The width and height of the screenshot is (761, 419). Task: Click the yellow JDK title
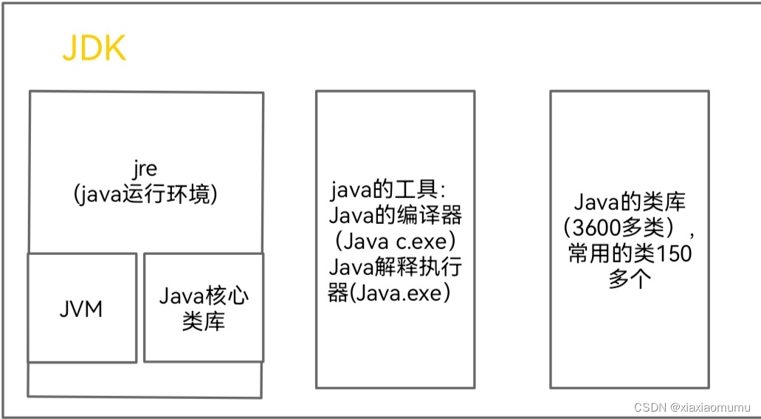(94, 50)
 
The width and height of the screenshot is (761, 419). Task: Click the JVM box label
(81, 308)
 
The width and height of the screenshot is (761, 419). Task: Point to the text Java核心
(204, 297)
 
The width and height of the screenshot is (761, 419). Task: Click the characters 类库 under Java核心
(204, 321)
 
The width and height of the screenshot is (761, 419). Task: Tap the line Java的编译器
(395, 216)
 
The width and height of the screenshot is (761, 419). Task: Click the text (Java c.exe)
(395, 241)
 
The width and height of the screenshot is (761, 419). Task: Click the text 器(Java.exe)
(389, 293)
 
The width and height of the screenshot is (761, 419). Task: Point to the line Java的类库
(630, 202)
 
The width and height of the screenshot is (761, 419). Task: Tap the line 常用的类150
(630, 254)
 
